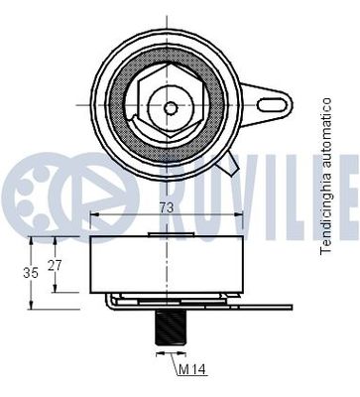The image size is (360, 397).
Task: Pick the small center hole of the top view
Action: click(171, 107)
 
